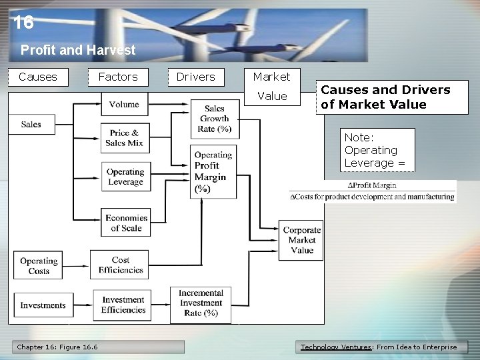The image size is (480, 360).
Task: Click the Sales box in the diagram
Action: tap(31, 124)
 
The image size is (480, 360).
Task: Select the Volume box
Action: tap(124, 104)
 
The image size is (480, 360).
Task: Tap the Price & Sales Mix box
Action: tap(124, 138)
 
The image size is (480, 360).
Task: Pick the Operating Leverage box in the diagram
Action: tap(125, 177)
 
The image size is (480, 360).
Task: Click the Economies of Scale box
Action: tap(125, 223)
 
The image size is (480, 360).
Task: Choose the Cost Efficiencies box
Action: tap(120, 265)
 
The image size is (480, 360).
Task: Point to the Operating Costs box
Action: tap(39, 266)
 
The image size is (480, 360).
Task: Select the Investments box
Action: tap(43, 305)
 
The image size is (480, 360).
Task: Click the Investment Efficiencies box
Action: tap(123, 305)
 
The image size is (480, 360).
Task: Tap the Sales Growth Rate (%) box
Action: tap(215, 119)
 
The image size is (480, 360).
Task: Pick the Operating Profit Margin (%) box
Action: tap(213, 171)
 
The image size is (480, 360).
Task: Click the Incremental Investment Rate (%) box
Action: tap(201, 303)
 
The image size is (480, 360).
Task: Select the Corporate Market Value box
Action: tap(301, 240)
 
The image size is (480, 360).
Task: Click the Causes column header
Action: tap(38, 77)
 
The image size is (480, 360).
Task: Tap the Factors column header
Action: tap(117, 77)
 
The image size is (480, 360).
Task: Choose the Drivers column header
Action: tap(195, 77)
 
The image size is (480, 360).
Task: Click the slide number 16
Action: tap(23, 23)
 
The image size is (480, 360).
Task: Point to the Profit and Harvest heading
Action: tap(78, 50)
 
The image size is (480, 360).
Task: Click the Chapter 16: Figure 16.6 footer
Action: tap(57, 347)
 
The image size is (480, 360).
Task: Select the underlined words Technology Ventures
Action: tap(336, 347)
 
